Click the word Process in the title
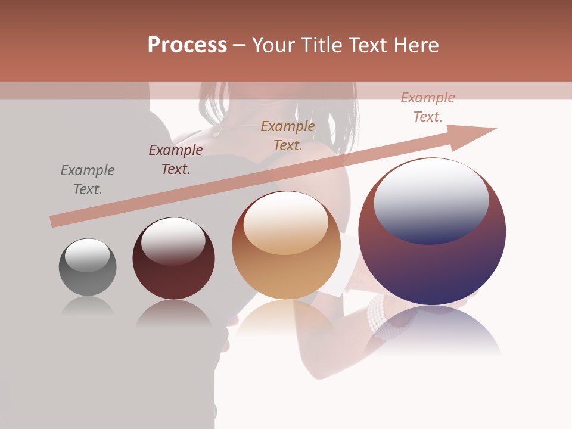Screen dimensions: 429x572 click(x=187, y=45)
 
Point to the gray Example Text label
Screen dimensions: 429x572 click(x=88, y=180)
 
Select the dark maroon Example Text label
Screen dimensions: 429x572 click(x=176, y=160)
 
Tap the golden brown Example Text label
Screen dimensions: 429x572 click(x=288, y=135)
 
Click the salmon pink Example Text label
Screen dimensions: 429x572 click(x=428, y=107)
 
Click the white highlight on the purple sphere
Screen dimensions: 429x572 click(x=431, y=200)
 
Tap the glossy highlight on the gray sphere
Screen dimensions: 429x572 click(x=88, y=255)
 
